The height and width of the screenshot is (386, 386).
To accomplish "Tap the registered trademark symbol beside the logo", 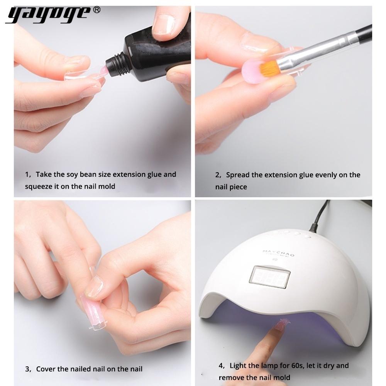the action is coord(97,10).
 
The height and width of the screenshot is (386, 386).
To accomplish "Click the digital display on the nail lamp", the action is coord(269,277).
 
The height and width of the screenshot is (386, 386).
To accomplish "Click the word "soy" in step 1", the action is coord(72,174).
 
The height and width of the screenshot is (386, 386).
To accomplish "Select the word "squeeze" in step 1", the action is coord(38,186).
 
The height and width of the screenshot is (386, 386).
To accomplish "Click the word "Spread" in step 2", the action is coord(237,175).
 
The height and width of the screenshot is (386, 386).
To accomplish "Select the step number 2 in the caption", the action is coord(217,175).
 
